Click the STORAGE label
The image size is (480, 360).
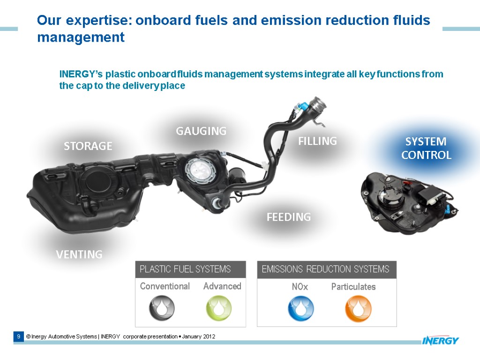pos(88,146)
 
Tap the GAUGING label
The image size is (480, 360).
pos(201,131)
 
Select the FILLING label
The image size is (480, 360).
pos(318,141)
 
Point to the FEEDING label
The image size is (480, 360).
pos(289,217)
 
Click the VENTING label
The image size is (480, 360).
pos(79,255)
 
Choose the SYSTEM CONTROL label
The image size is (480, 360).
pos(426,148)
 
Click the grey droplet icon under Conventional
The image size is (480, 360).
pos(162,308)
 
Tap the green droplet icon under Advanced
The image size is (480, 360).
pos(219,308)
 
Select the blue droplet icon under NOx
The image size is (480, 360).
pos(300,308)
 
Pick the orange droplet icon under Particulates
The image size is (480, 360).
pos(358,308)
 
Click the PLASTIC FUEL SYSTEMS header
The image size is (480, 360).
pos(186,269)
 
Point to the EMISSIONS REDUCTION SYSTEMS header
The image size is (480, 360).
pos(326,269)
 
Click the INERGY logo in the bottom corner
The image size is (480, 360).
pos(440,340)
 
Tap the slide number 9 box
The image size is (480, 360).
pos(18,337)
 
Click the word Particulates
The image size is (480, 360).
pos(353,287)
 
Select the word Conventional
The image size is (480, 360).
pos(165,286)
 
